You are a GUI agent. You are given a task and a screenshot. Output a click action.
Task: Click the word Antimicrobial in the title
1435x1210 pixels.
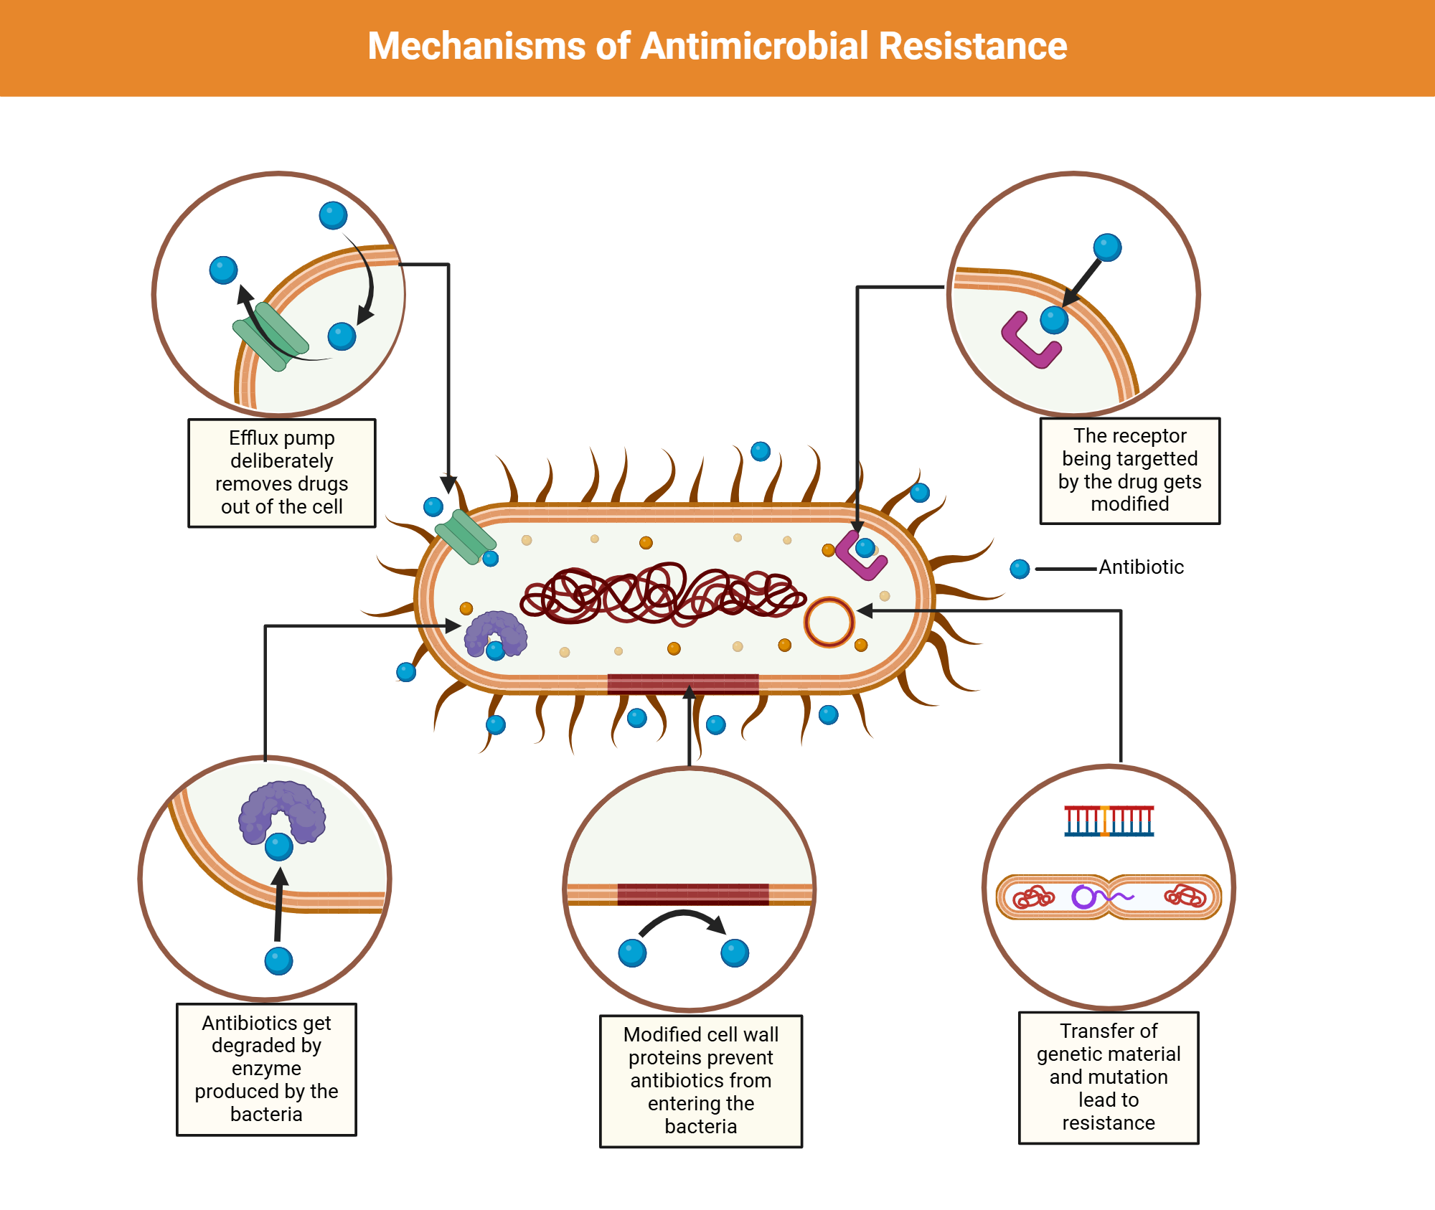click(x=755, y=46)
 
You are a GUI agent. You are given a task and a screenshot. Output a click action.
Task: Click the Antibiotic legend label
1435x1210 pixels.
click(x=1141, y=567)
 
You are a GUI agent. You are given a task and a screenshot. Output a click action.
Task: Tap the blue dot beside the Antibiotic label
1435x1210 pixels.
click(x=1020, y=569)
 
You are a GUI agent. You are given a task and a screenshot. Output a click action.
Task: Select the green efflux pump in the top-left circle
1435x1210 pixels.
click(x=270, y=336)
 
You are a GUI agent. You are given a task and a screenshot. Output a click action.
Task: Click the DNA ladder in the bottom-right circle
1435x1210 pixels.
click(x=1109, y=821)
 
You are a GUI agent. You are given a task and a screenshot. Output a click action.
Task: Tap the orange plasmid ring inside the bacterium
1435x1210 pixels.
click(x=829, y=622)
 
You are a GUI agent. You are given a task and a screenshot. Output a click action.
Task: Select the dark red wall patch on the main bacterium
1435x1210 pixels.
click(x=682, y=684)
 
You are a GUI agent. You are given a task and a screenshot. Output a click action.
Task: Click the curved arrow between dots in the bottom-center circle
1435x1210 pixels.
click(x=682, y=920)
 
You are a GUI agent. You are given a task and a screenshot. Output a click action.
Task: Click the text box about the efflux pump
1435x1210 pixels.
click(x=281, y=473)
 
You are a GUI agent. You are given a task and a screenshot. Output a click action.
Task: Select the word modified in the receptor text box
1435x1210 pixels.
click(x=1129, y=504)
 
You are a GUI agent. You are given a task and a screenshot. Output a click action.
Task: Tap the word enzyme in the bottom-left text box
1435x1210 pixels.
click(x=266, y=1069)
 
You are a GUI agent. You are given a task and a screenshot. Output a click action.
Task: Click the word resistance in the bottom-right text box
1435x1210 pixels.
click(x=1109, y=1122)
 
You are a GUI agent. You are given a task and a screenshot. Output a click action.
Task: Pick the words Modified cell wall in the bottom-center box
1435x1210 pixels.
click(x=700, y=1034)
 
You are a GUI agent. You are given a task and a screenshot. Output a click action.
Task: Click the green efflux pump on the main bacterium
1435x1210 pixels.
click(x=466, y=537)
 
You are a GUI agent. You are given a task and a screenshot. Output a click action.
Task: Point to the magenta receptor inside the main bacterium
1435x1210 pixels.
click(x=859, y=557)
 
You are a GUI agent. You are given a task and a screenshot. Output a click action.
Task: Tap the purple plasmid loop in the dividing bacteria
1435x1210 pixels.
click(x=1083, y=897)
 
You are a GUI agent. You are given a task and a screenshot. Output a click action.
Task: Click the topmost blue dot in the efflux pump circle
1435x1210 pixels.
click(x=333, y=215)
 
